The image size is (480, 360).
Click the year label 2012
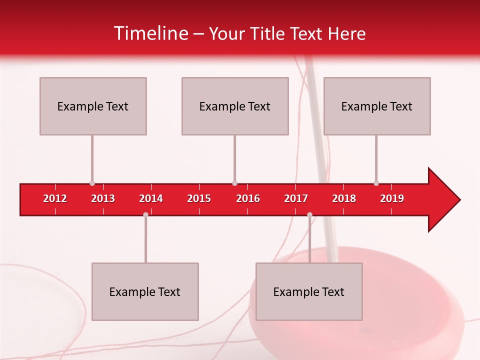tap(55, 198)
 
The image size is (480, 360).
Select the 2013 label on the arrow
tap(103, 198)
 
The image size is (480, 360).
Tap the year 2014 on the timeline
tap(151, 198)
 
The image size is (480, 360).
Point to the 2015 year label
tap(199, 198)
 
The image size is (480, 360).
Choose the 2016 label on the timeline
tap(248, 198)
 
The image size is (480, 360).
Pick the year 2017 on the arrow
tap(296, 198)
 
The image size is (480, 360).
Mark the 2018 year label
tap(344, 198)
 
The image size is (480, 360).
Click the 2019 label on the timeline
tap(392, 198)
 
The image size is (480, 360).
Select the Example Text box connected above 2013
tap(93, 106)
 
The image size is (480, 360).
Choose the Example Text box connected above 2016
tap(235, 106)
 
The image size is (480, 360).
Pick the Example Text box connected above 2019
tap(377, 106)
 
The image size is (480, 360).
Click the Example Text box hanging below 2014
tap(145, 291)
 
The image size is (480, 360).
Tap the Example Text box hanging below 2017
tap(309, 291)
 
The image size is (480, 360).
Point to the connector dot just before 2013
tap(92, 183)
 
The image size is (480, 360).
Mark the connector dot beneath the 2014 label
tap(145, 214)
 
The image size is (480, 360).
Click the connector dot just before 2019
tap(376, 183)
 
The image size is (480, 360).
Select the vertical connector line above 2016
tap(234, 159)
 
